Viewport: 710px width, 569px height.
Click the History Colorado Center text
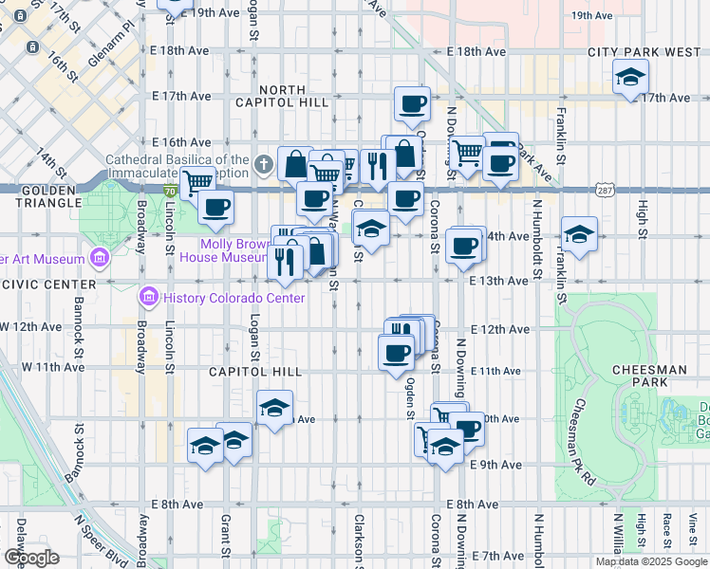tap(234, 298)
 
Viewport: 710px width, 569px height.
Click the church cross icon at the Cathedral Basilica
tap(264, 166)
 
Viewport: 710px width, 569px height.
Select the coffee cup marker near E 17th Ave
tap(412, 103)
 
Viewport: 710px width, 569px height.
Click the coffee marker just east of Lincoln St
tap(215, 205)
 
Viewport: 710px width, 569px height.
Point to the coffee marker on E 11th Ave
tap(396, 353)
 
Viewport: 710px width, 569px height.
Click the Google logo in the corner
tap(31, 558)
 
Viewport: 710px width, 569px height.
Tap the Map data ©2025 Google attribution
tap(651, 561)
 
